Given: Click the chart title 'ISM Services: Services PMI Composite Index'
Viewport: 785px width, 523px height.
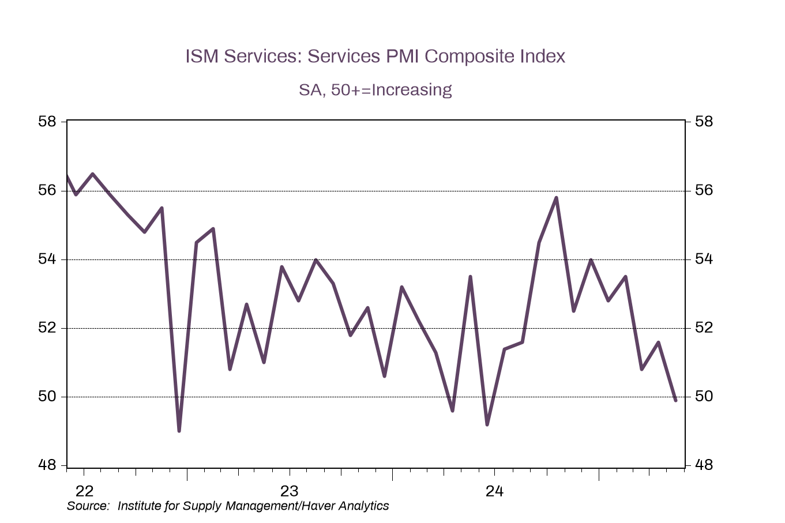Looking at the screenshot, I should click(x=375, y=57).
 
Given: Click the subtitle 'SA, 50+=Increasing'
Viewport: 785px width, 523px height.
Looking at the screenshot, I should click(x=375, y=90).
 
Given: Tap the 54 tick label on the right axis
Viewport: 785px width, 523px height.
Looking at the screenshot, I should click(x=704, y=259).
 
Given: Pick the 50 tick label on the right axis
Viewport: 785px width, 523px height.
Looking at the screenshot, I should click(x=704, y=397).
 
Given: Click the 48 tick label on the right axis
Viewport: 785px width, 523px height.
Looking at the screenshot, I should click(x=704, y=465).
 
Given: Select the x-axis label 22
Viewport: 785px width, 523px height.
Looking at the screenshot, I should click(x=84, y=491).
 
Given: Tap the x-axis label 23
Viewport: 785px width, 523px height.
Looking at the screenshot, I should click(x=289, y=491).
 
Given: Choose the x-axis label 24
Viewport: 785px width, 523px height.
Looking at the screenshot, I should click(x=494, y=491).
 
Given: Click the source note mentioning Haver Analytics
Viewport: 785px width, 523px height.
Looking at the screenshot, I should click(x=228, y=506).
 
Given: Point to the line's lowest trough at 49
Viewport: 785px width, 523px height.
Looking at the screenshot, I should click(x=179, y=430).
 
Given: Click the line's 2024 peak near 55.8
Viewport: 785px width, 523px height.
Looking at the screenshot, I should click(x=556, y=198).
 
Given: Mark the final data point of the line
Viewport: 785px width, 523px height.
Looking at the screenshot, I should click(x=675, y=400).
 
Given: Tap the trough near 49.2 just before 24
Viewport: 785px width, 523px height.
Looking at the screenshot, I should click(x=487, y=424).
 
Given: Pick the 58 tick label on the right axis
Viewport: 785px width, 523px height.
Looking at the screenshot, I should click(x=704, y=122).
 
